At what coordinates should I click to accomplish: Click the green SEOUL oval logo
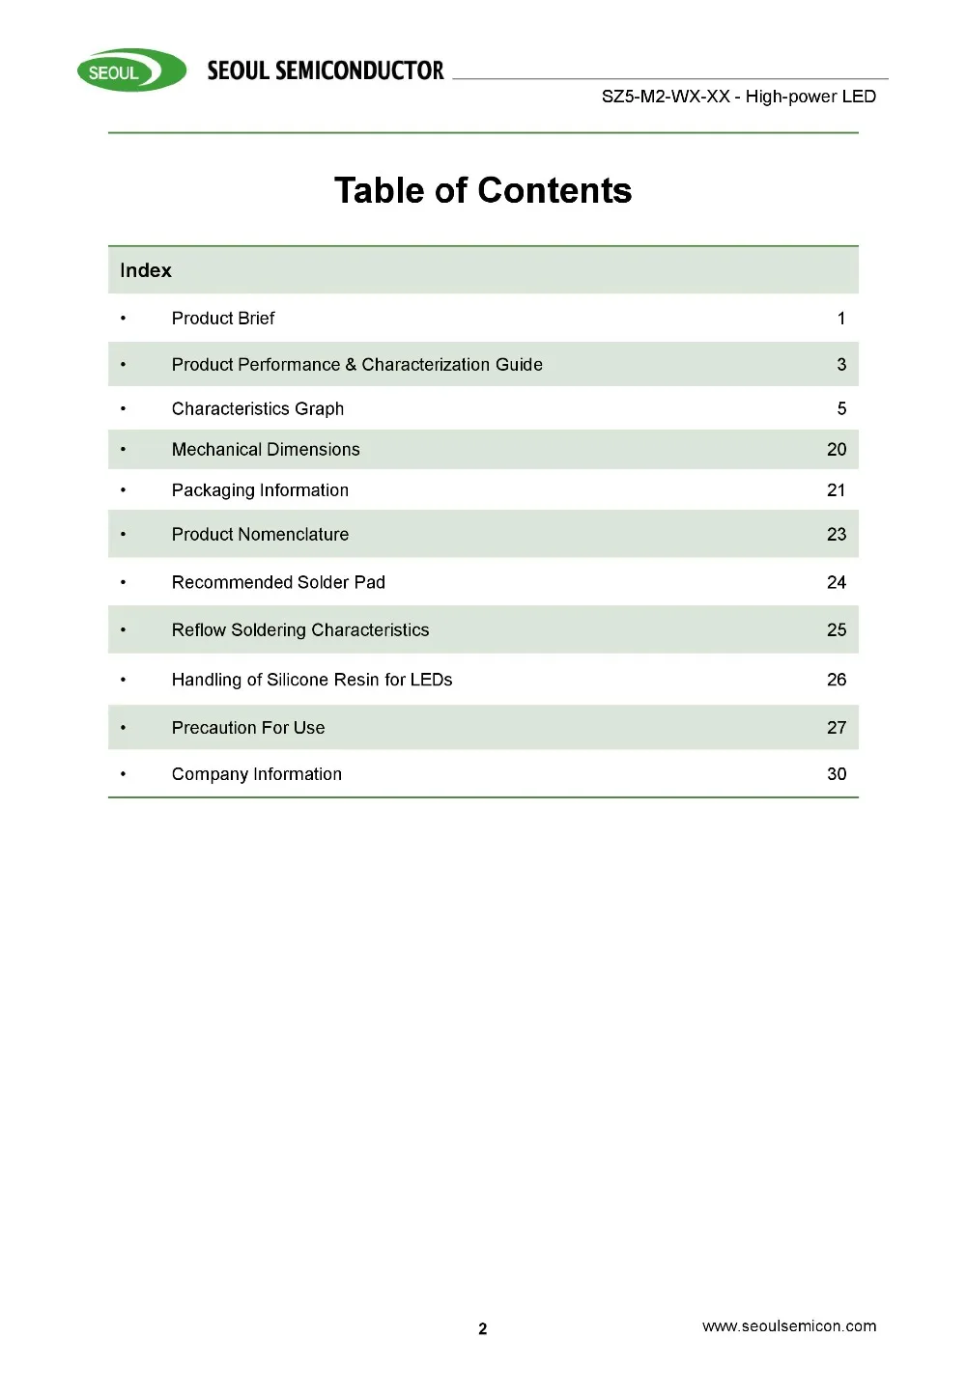pyautogui.click(x=131, y=71)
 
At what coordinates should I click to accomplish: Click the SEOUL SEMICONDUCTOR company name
pyautogui.click(x=326, y=70)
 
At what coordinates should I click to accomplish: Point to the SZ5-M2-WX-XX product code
pyautogui.click(x=665, y=97)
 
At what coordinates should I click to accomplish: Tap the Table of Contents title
pyautogui.click(x=483, y=190)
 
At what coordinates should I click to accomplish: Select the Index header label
pyautogui.click(x=146, y=270)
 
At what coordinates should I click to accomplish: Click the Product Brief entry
pyautogui.click(x=223, y=319)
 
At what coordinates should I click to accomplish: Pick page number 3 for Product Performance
pyautogui.click(x=841, y=365)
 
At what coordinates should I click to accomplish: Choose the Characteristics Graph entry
pyautogui.click(x=258, y=408)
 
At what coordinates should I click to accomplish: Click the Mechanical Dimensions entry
pyautogui.click(x=266, y=450)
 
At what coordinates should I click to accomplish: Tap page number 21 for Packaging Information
pyautogui.click(x=837, y=490)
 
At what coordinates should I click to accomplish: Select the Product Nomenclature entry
pyautogui.click(x=260, y=535)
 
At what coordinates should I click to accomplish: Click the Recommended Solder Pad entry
pyautogui.click(x=278, y=582)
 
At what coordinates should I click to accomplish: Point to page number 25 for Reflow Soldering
pyautogui.click(x=837, y=630)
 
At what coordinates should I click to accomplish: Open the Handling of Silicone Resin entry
pyautogui.click(x=312, y=680)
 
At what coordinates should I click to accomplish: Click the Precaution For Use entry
pyautogui.click(x=248, y=728)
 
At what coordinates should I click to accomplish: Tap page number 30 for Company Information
pyautogui.click(x=837, y=774)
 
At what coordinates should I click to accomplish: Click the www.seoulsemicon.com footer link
pyautogui.click(x=789, y=1326)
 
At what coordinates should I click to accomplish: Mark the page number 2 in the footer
pyautogui.click(x=483, y=1329)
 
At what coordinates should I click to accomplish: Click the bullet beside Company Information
pyautogui.click(x=124, y=774)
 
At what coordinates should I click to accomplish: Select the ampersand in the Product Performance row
pyautogui.click(x=351, y=365)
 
